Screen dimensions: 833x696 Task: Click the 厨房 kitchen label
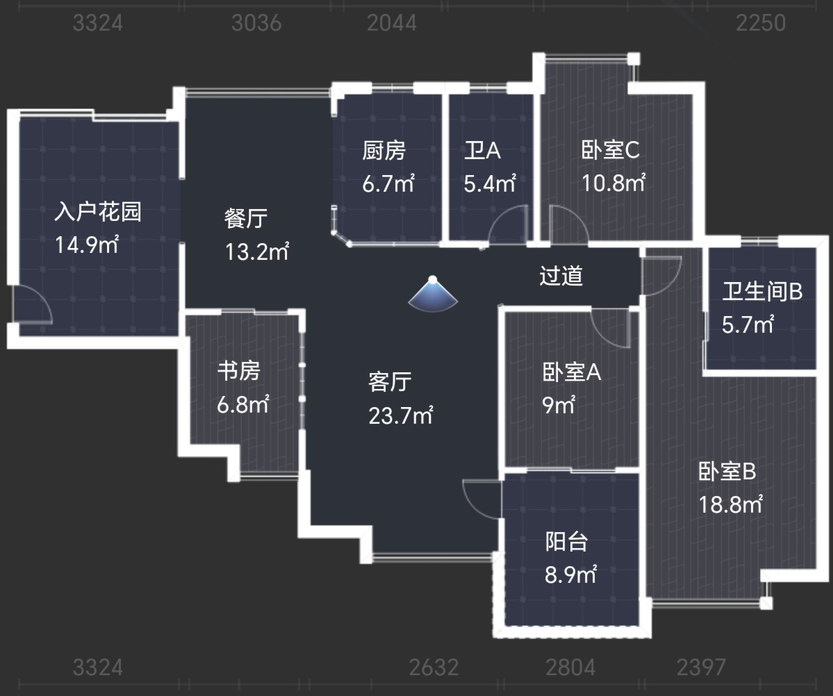click(383, 150)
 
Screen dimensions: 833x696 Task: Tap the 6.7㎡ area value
click(388, 184)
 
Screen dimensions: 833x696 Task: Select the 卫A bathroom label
click(482, 150)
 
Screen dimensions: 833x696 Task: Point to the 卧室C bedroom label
click(611, 150)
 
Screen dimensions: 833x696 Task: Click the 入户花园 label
click(98, 211)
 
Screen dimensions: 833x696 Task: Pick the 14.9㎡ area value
click(87, 245)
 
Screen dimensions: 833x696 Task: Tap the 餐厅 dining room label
click(245, 218)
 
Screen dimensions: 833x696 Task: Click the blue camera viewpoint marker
click(433, 294)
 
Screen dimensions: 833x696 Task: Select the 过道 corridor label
click(561, 276)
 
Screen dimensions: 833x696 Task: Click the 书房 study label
click(238, 371)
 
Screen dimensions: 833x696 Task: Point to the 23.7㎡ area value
click(401, 415)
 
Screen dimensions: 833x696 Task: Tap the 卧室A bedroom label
click(572, 372)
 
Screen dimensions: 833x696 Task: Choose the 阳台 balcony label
click(567, 541)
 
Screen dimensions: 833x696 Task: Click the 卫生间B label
click(762, 291)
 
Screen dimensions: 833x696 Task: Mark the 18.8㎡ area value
click(730, 504)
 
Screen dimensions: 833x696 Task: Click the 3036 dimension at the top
click(256, 23)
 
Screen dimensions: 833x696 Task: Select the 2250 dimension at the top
click(761, 23)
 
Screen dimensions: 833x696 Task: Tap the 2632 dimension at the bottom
click(434, 668)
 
